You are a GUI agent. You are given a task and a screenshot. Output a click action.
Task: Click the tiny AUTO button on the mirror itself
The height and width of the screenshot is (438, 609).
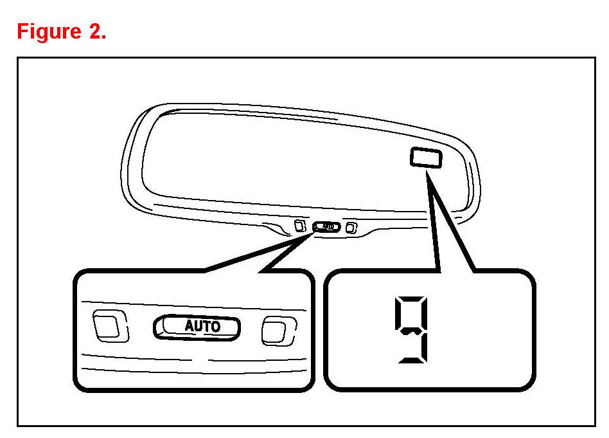[326, 226]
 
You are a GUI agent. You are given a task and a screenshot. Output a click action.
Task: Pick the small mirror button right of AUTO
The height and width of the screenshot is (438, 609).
[351, 227]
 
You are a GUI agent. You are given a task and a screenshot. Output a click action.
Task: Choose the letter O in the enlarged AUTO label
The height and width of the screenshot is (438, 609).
[216, 326]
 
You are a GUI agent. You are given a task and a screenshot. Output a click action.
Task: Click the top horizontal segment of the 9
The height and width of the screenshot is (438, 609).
[410, 299]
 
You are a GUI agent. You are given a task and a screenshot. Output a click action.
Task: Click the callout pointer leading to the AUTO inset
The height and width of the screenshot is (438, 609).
[270, 254]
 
